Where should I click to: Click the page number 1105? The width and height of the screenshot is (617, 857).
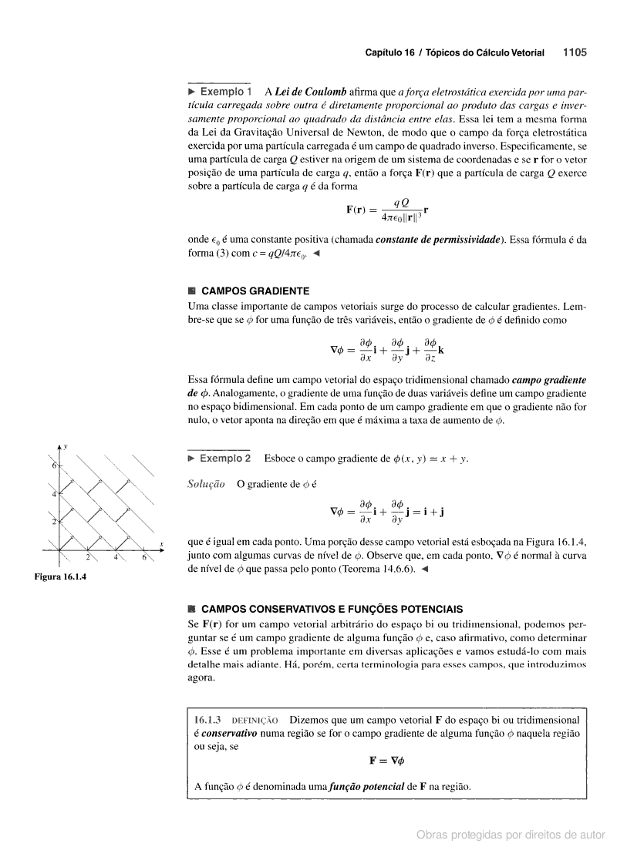(575, 53)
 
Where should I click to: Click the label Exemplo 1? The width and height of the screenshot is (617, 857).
(224, 91)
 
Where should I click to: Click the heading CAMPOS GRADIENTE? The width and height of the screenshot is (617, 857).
(255, 291)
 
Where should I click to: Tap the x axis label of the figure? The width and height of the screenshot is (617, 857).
(162, 545)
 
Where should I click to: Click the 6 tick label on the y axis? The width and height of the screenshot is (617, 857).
(54, 466)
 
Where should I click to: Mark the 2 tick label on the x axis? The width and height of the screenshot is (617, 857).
(88, 557)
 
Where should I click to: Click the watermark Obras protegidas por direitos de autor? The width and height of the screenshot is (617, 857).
(511, 834)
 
